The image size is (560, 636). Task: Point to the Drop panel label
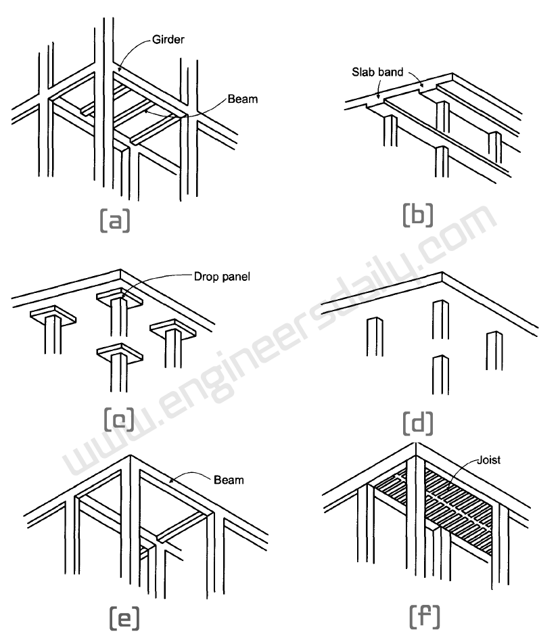coord(223,276)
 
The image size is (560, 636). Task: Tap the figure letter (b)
coord(417,214)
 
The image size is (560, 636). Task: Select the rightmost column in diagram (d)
coord(494,350)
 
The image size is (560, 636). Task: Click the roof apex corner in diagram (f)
coord(414,446)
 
